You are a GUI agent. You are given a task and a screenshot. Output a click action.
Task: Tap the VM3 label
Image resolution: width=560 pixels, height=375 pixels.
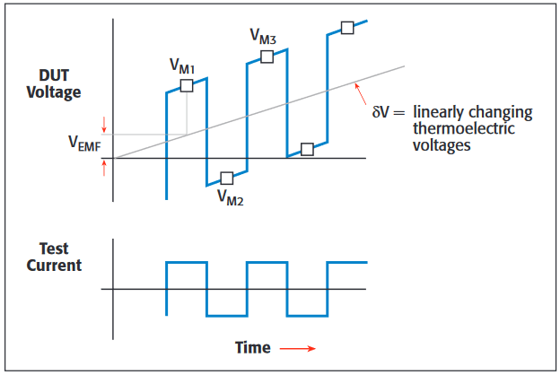(263, 37)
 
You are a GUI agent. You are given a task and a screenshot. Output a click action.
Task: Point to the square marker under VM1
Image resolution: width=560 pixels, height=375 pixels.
(186, 85)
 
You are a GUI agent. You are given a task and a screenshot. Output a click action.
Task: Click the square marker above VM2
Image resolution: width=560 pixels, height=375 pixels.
(226, 178)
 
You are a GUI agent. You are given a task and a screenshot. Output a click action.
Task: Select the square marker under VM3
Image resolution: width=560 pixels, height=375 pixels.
(267, 57)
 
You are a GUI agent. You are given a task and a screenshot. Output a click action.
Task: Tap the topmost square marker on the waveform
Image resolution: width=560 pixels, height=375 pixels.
(347, 27)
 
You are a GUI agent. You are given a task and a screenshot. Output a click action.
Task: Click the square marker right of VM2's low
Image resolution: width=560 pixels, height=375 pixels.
(307, 150)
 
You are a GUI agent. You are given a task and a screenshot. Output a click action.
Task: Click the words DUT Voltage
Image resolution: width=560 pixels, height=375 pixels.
(53, 83)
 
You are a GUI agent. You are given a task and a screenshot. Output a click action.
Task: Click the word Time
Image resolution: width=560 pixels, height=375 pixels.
(252, 347)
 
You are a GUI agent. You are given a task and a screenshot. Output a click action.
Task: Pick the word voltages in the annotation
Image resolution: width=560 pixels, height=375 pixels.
(442, 144)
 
